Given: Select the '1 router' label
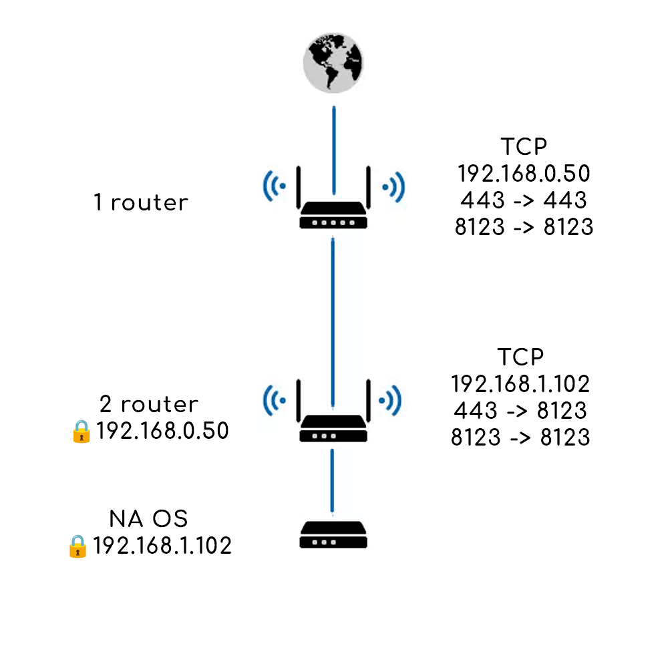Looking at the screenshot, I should (141, 202).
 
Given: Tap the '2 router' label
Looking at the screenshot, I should (149, 404).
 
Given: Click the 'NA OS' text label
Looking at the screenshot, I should (149, 519).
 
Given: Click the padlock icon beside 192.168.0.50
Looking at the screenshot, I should (80, 431).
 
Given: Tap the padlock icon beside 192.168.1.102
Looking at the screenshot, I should (77, 546).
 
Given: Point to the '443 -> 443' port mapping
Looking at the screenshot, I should (524, 200).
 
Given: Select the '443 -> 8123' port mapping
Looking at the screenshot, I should (520, 409).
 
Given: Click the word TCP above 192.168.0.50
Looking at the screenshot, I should (522, 147).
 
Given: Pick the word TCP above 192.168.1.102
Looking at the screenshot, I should (521, 357).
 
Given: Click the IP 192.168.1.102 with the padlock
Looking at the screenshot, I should (162, 546).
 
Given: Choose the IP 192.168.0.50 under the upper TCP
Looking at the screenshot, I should (524, 174).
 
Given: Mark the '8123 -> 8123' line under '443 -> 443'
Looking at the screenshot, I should (524, 226).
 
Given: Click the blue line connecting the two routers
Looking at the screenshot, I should (333, 321).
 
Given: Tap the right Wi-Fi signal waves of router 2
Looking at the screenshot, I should (391, 401).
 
